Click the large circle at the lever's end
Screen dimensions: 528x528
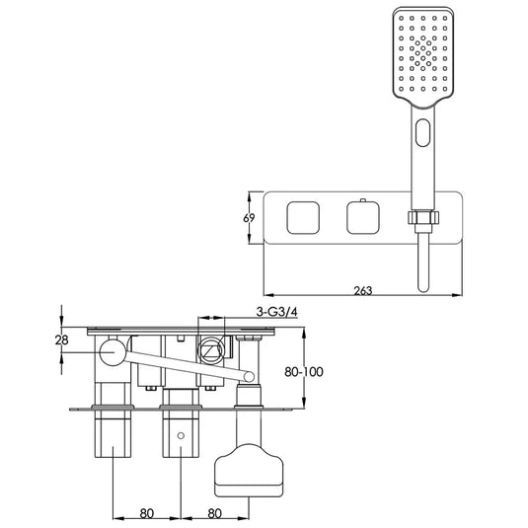point(112,352)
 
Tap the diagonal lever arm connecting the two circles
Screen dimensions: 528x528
point(183,364)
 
